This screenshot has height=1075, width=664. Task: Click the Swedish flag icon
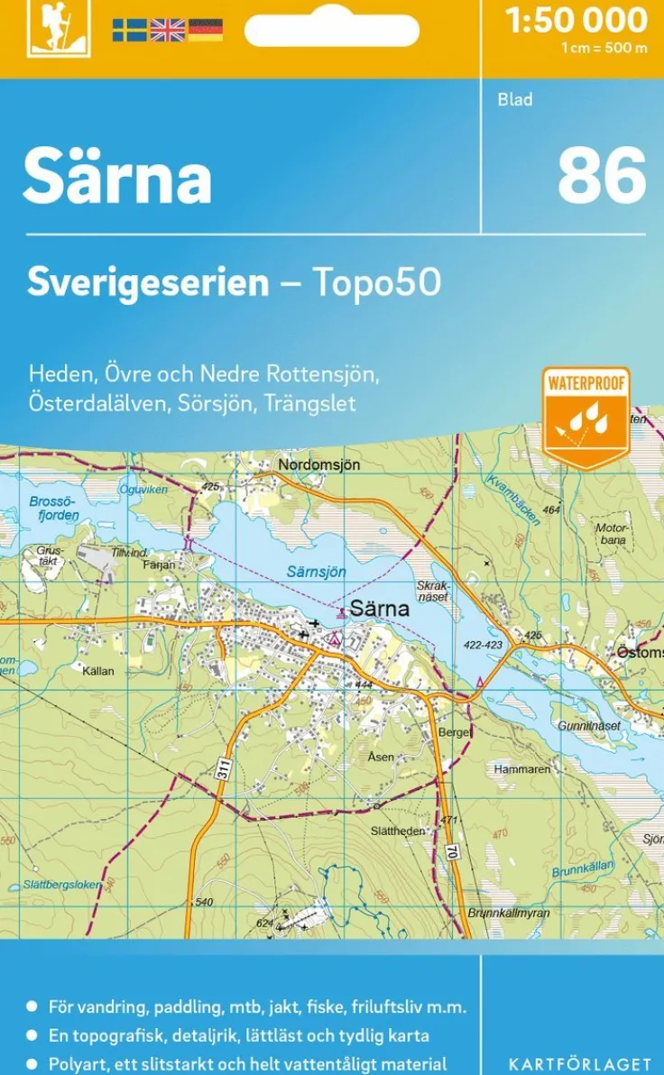coord(129,31)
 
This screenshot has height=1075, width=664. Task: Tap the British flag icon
coord(167,31)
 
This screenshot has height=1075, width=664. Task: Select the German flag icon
coord(206,31)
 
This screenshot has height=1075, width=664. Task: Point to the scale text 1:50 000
coord(576,20)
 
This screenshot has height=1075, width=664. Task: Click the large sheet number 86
coord(601,175)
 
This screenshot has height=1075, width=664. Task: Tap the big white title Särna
coord(117,177)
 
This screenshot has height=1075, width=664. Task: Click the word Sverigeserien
coord(148,282)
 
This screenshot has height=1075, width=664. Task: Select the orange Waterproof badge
coord(586,417)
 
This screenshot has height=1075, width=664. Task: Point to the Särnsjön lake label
coord(316,572)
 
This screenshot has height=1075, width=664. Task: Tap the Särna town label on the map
coord(379,609)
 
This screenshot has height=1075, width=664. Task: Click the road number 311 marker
coord(223,769)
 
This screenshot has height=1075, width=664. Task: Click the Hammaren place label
coord(521,770)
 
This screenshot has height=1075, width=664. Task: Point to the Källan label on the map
coord(97,671)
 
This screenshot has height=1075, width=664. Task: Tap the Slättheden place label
coord(398,831)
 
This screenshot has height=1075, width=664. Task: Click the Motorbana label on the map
coord(611,533)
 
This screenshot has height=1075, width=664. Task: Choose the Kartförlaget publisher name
coord(579,1064)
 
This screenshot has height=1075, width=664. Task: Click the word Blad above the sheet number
coord(514,100)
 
